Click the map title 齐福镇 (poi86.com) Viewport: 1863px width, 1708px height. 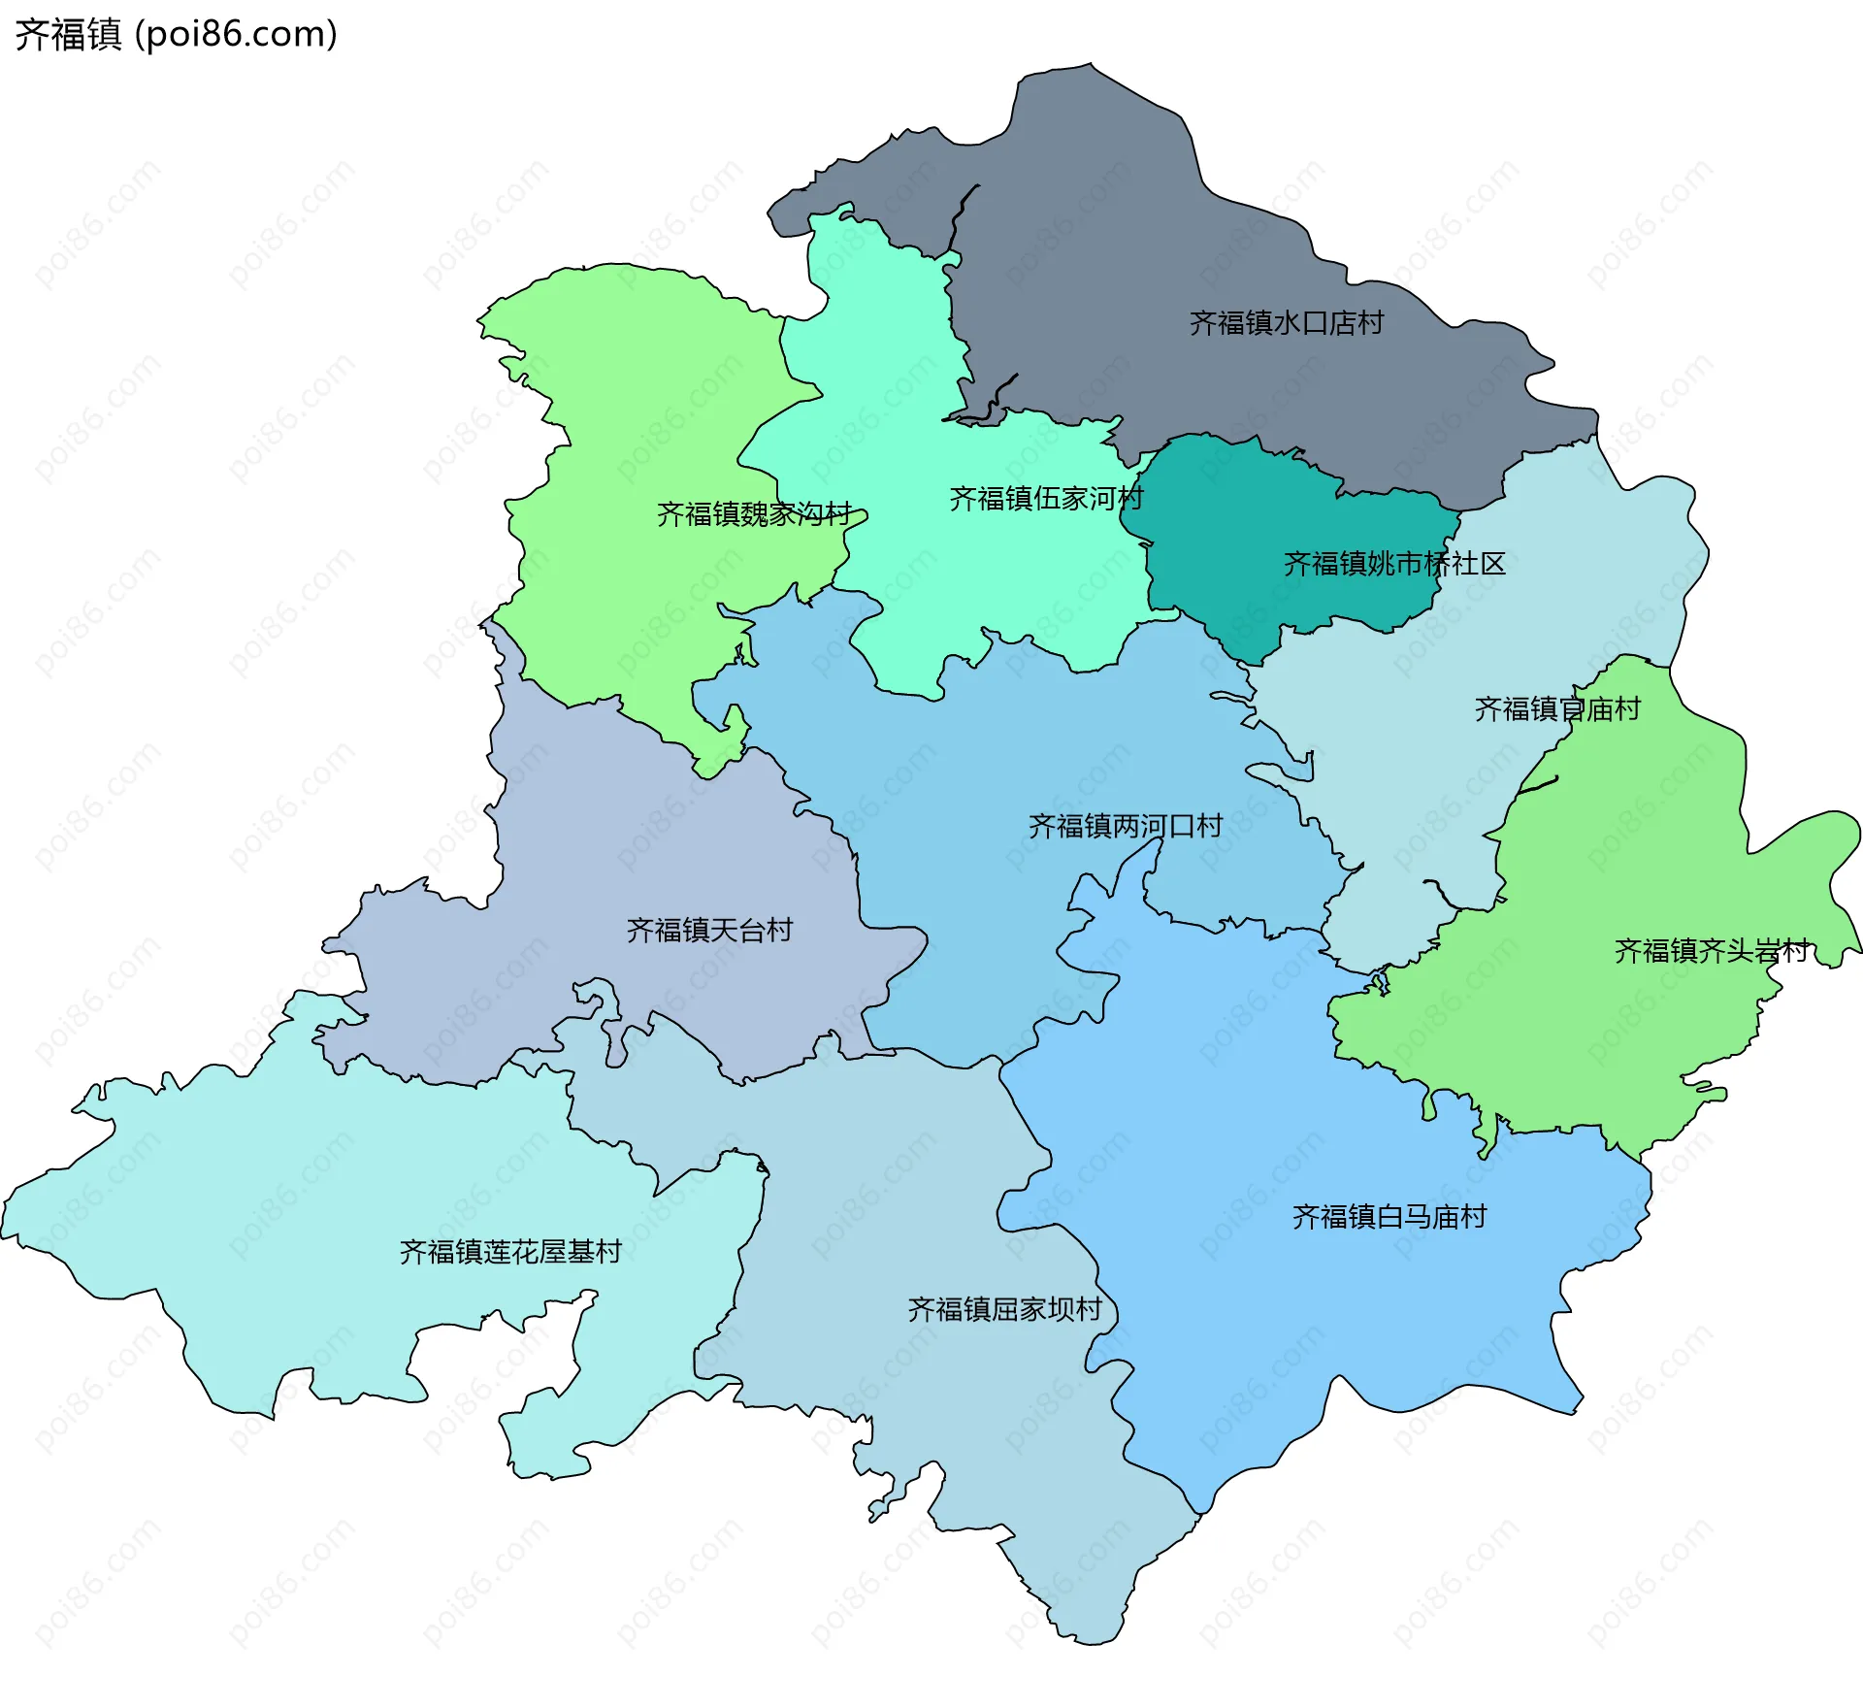pyautogui.click(x=175, y=34)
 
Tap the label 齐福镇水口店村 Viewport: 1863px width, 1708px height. pyautogui.click(x=1286, y=323)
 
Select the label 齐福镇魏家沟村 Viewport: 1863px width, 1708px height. pyautogui.click(x=754, y=514)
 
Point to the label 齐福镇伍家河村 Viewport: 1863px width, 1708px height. pyautogui.click(x=1046, y=499)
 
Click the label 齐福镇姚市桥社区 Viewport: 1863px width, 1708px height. pyautogui.click(x=1393, y=564)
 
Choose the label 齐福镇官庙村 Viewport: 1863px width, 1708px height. pyautogui.click(x=1556, y=709)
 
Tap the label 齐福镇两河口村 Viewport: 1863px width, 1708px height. pyautogui.click(x=1125, y=827)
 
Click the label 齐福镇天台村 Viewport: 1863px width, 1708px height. pyautogui.click(x=709, y=931)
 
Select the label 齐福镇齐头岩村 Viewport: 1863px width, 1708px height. pyautogui.click(x=1712, y=951)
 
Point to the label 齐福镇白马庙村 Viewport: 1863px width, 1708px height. pyautogui.click(x=1389, y=1217)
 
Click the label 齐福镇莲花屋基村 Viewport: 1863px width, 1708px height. pyautogui.click(x=510, y=1252)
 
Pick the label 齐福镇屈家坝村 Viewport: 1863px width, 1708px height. pyautogui.click(x=1004, y=1310)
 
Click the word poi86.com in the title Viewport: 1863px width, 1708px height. pyautogui.click(x=236, y=34)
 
